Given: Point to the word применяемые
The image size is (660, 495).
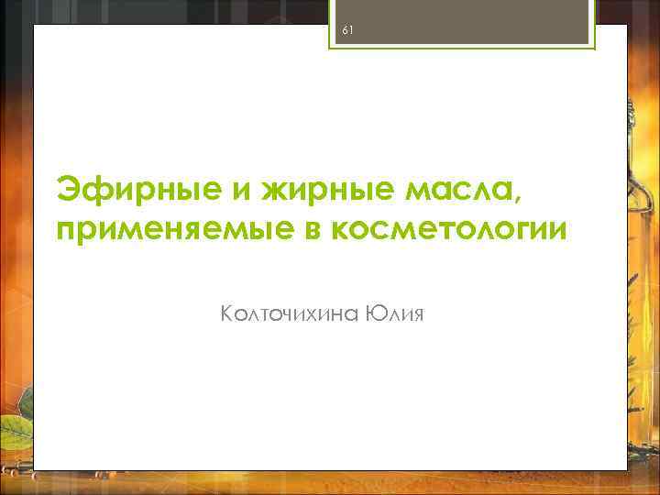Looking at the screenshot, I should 170,229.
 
